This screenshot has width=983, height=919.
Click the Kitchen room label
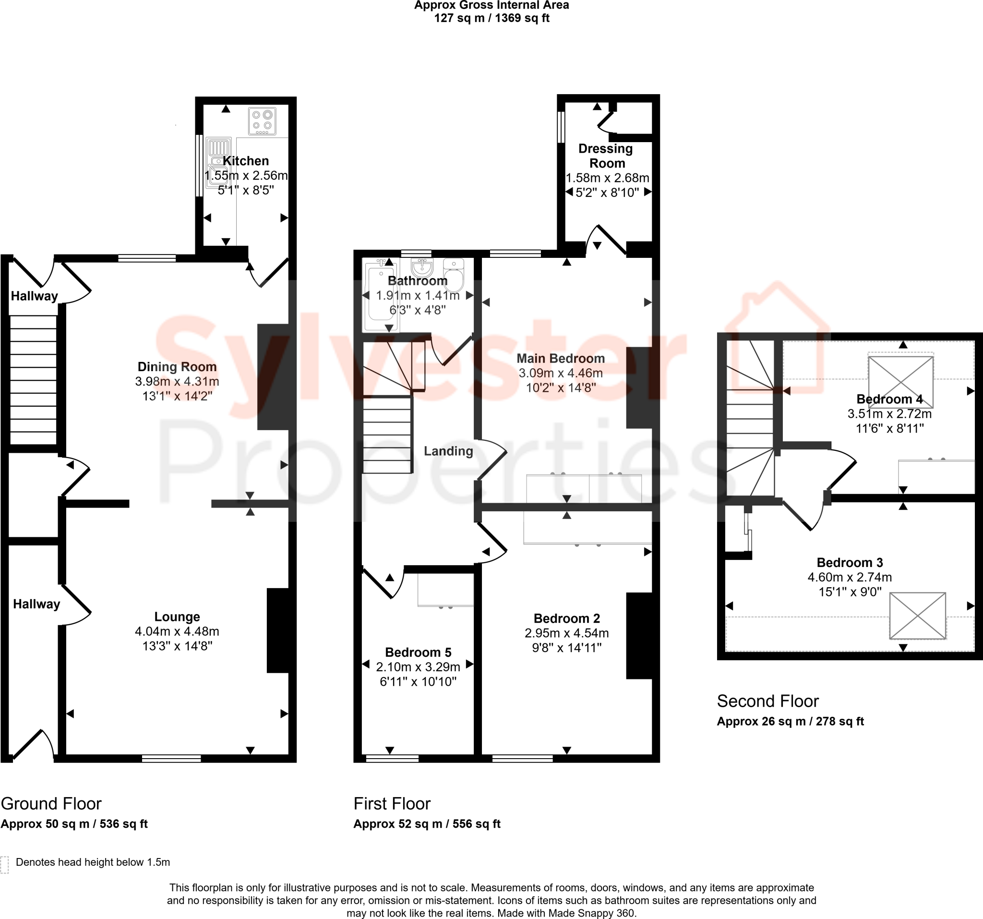[246, 161]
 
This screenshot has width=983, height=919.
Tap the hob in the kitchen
[262, 121]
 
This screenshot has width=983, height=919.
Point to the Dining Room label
[177, 366]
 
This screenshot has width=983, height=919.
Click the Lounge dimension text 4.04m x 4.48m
[177, 631]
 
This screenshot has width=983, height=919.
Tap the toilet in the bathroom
[454, 275]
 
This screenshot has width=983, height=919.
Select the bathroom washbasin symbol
[422, 266]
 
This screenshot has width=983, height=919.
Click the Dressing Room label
[606, 156]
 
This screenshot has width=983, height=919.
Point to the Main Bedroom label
[561, 358]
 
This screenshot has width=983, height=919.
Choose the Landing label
[448, 451]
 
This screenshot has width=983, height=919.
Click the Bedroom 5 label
[419, 652]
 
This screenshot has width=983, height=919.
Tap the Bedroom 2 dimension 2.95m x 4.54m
[567, 633]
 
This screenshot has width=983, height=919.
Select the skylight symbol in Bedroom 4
[900, 381]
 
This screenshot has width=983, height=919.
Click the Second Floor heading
[768, 701]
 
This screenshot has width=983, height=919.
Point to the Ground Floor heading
[51, 804]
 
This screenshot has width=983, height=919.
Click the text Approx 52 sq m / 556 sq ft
[427, 824]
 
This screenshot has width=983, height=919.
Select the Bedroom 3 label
[850, 562]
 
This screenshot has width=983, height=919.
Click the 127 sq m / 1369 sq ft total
[492, 18]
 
